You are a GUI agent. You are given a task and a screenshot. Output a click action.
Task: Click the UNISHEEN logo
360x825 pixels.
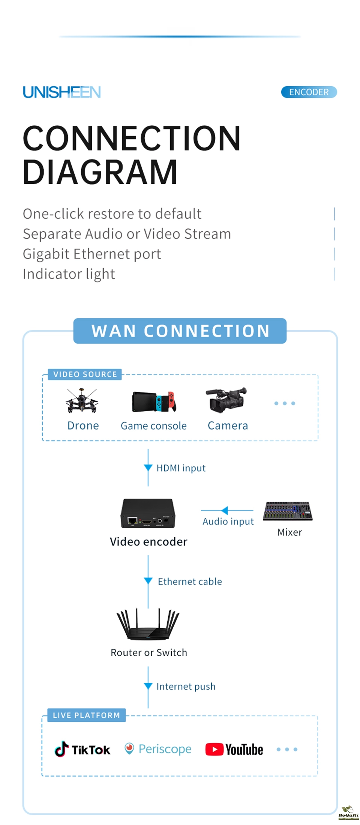click(62, 92)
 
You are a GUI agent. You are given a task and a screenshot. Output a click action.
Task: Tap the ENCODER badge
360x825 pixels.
click(309, 92)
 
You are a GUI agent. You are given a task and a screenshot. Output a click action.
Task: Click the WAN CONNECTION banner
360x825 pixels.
click(180, 331)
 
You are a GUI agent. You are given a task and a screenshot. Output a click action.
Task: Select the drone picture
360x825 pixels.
click(82, 401)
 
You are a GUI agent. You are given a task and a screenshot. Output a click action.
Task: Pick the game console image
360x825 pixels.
click(154, 401)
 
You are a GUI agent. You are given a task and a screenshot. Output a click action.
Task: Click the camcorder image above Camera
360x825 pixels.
click(226, 400)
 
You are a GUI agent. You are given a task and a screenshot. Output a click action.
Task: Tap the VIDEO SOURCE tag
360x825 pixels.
click(85, 374)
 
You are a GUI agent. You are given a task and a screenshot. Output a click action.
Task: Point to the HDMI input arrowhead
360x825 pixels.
click(148, 467)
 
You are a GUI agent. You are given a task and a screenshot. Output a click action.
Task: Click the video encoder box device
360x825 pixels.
click(148, 513)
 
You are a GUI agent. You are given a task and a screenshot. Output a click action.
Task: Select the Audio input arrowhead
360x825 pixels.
click(225, 510)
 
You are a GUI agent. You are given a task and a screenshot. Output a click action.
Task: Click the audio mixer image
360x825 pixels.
click(288, 511)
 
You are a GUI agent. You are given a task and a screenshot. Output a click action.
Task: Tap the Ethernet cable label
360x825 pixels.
click(190, 582)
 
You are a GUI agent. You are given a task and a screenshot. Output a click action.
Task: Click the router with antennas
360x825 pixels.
click(148, 625)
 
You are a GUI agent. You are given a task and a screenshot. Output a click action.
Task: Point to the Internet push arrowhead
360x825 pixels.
click(148, 686)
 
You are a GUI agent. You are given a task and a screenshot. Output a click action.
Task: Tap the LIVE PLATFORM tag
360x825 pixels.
click(86, 715)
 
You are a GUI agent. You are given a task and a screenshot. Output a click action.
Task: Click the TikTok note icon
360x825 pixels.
click(62, 749)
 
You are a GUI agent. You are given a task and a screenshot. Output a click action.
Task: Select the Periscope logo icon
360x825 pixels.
click(129, 748)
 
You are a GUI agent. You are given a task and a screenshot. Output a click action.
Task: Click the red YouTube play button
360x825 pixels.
click(214, 749)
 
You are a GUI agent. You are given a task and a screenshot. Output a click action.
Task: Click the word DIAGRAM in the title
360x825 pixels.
click(100, 173)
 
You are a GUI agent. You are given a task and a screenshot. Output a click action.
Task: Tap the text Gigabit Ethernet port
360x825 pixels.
click(92, 254)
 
